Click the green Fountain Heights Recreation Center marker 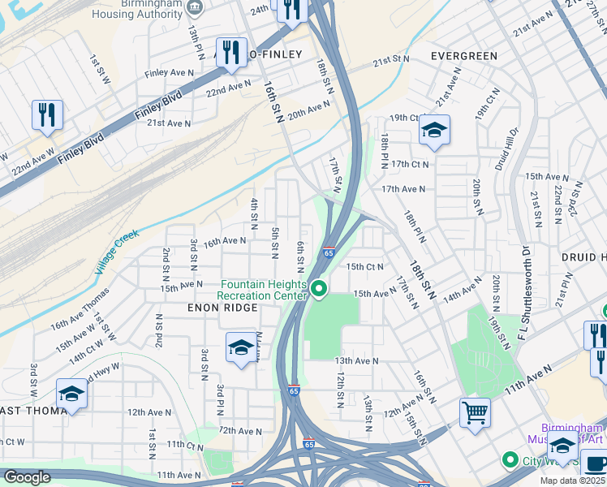tap(320, 289)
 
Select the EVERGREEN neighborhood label tap(463, 56)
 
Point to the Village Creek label tap(118, 251)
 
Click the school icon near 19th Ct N tap(434, 130)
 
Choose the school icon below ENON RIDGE tap(239, 349)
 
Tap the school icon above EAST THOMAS tap(71, 394)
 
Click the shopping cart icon tap(475, 412)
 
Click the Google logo tap(27, 477)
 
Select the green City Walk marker tap(510, 460)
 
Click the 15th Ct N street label tap(364, 266)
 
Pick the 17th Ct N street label tap(409, 164)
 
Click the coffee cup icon tap(595, 464)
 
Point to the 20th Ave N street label tap(309, 110)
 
